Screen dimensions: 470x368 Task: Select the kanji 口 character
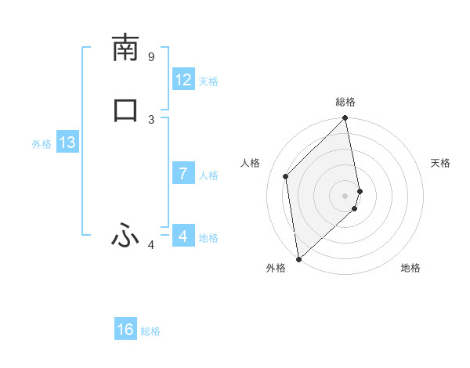tap(125, 110)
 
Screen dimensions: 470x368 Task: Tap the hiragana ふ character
tap(125, 234)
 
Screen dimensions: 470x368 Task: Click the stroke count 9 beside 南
tap(151, 57)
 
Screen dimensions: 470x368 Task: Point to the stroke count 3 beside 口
tap(151, 119)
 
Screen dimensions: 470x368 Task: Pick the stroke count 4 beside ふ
tap(151, 246)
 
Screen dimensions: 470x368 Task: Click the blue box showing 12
tap(183, 80)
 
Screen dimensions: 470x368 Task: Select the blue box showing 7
tap(183, 174)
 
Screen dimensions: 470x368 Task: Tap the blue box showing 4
tap(183, 236)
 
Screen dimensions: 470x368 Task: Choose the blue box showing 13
tap(67, 143)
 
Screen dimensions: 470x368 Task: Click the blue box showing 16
tap(125, 330)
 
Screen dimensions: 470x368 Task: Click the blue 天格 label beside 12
tap(208, 81)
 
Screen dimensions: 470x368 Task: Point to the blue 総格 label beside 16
tap(150, 331)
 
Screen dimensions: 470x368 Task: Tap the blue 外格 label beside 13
tap(42, 144)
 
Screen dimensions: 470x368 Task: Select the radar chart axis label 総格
tap(345, 102)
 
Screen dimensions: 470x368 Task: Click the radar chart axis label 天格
tap(440, 163)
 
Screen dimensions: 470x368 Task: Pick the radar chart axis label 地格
tap(410, 269)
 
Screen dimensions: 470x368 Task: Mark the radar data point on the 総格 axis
tap(345, 119)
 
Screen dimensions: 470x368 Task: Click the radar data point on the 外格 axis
tap(298, 258)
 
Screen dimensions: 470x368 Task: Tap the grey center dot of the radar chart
tap(345, 195)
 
